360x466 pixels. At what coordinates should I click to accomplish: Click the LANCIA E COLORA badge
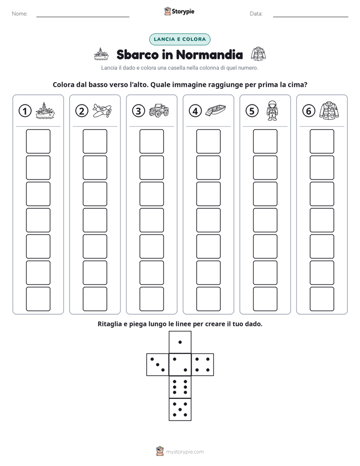point(179,39)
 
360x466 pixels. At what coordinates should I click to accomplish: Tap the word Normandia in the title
point(209,54)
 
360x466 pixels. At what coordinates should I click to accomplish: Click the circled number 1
point(25,111)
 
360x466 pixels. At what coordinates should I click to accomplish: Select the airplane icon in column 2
point(102,110)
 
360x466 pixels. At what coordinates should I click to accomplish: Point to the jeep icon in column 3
point(159,110)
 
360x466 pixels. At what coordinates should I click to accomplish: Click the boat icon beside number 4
point(216,110)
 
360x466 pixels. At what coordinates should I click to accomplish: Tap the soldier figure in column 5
point(272,110)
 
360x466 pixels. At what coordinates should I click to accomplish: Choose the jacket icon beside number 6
point(329,110)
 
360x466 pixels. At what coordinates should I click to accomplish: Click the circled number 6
point(309,111)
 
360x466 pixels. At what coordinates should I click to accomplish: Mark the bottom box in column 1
point(38,299)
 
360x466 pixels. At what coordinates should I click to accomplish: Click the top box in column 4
point(208,141)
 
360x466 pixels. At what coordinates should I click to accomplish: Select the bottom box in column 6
point(322,299)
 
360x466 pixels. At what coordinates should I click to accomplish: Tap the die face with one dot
point(180,342)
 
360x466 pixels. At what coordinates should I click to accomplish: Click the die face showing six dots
point(180,387)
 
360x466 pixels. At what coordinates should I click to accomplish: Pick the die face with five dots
point(180,410)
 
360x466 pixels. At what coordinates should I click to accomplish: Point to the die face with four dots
point(203,365)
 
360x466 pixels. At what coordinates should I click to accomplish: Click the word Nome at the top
point(20,14)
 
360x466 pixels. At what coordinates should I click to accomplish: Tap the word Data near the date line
point(256,14)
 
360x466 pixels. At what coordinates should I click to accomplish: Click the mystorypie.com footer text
point(185,452)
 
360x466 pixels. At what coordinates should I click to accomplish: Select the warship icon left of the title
point(101,54)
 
